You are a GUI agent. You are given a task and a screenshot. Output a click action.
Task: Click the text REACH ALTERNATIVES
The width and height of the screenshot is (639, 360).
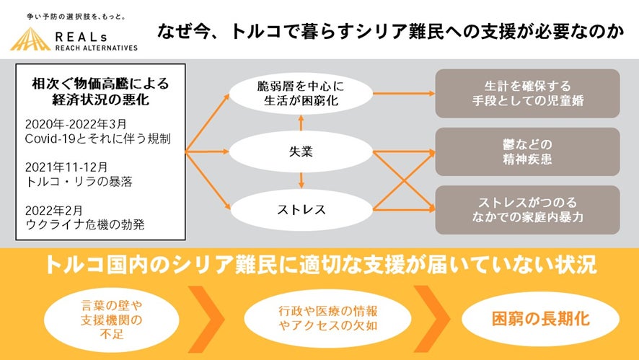pyautogui.click(x=96, y=47)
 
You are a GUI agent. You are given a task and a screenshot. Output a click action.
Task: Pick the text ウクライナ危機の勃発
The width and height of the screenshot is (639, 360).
pyautogui.click(x=84, y=224)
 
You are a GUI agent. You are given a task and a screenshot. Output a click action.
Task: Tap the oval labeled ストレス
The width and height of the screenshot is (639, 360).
pyautogui.click(x=301, y=211)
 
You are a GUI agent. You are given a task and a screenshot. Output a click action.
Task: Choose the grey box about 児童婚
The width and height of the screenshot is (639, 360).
pyautogui.click(x=527, y=93)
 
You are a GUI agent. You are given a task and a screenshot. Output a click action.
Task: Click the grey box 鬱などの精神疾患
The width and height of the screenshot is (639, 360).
pyautogui.click(x=527, y=152)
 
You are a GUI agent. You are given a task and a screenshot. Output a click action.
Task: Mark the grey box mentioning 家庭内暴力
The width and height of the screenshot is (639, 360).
pyautogui.click(x=527, y=210)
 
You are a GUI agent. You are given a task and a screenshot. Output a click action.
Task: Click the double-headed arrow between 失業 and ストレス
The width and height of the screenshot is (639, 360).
pyautogui.click(x=301, y=181)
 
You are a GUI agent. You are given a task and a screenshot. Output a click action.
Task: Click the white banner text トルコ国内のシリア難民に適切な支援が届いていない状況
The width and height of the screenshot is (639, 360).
pyautogui.click(x=319, y=265)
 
